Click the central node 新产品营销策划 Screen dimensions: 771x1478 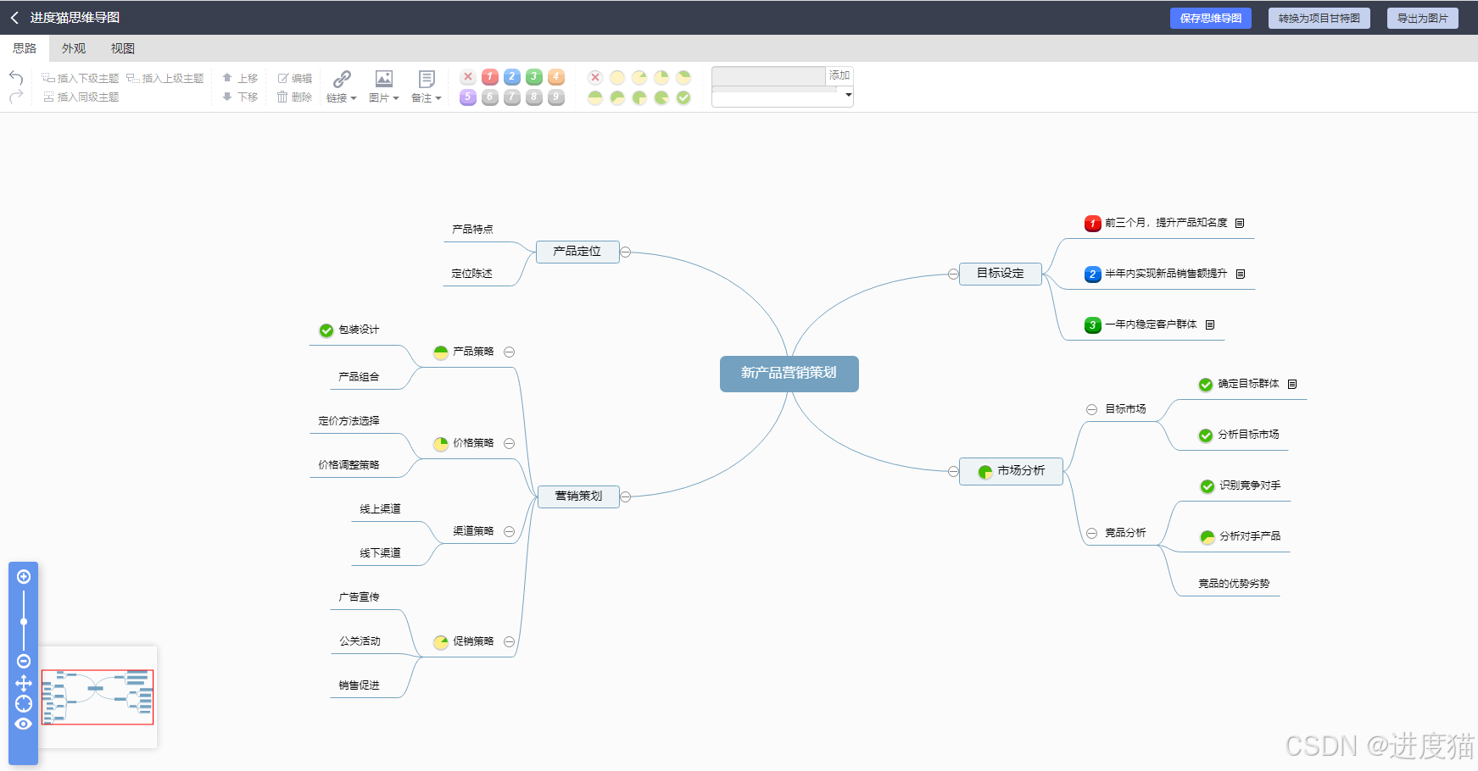(x=789, y=374)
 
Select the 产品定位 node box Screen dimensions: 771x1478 (x=577, y=252)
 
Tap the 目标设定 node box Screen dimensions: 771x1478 (x=1000, y=274)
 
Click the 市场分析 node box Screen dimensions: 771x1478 (x=1011, y=471)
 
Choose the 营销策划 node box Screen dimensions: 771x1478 (x=578, y=496)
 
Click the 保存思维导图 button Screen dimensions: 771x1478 (x=1210, y=19)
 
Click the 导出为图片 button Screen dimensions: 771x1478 (x=1422, y=19)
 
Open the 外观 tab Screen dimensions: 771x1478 (x=74, y=48)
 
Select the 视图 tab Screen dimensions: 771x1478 (x=122, y=48)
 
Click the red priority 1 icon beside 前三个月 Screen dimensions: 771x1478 (x=1092, y=224)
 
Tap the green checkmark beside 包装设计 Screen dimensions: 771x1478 (x=326, y=330)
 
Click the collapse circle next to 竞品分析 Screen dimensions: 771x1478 (x=1091, y=534)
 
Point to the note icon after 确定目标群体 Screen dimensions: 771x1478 (x=1292, y=385)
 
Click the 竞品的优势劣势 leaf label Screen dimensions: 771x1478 (x=1234, y=584)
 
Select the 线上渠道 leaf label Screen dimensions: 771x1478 (x=380, y=509)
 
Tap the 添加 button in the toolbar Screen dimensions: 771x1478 (x=839, y=76)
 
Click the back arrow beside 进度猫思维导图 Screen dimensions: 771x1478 (x=14, y=18)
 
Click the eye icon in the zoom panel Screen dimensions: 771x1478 (x=24, y=724)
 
